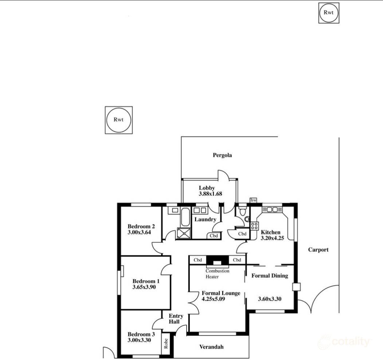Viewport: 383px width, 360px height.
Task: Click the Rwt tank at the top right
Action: (329, 13)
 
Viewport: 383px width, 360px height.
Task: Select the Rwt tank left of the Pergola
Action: (118, 120)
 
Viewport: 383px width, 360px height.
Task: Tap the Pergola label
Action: (222, 155)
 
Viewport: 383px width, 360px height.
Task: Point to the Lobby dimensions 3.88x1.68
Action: (210, 194)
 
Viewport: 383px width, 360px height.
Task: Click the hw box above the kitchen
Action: (254, 200)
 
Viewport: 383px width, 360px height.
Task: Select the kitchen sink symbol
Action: (272, 209)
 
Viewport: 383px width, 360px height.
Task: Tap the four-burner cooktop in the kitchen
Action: (254, 226)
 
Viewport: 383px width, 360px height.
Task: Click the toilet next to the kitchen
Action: (243, 214)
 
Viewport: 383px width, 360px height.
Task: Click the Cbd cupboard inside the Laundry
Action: (214, 236)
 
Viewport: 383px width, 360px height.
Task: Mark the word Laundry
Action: (206, 220)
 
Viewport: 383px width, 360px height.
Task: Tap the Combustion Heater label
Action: (218, 274)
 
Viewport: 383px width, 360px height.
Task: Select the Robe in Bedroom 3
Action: (166, 344)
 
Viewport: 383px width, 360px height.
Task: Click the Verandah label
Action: (211, 347)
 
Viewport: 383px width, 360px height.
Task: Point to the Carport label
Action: (318, 250)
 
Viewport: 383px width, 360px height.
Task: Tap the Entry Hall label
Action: (176, 319)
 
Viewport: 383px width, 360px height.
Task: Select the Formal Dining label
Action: (270, 276)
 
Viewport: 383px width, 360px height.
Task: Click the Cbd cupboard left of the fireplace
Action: (198, 260)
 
